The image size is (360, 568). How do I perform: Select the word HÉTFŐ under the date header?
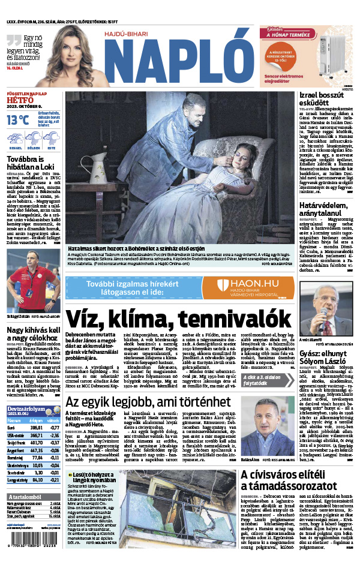(x=19, y=101)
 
